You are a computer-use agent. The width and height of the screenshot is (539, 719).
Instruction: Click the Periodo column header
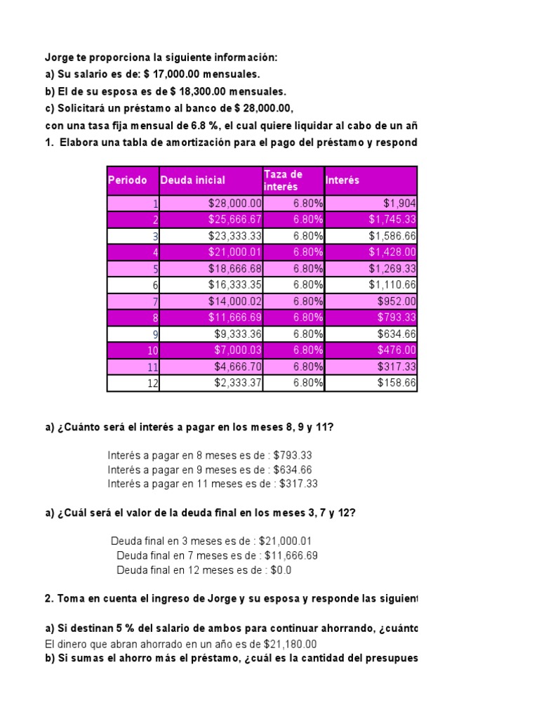(x=128, y=180)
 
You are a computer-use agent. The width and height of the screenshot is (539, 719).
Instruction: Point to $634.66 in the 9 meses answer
(x=293, y=470)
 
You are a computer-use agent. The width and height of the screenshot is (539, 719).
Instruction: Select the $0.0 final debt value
(x=281, y=570)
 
